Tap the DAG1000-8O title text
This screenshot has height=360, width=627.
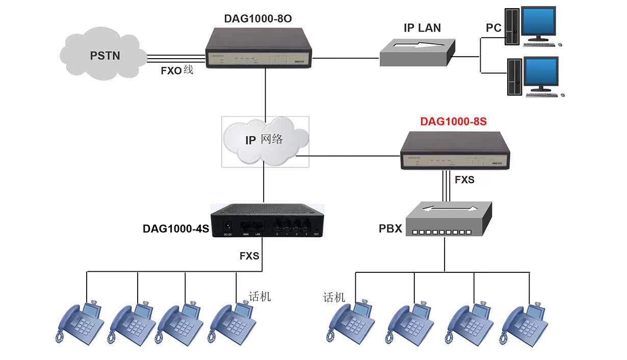[x=258, y=19]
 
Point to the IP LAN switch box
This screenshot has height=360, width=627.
[x=417, y=53]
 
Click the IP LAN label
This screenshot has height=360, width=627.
[x=422, y=28]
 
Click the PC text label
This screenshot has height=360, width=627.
[x=493, y=28]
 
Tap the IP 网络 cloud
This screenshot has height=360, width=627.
[x=265, y=140]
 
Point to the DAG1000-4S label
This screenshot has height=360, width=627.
[x=176, y=229]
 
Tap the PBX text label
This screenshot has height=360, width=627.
[x=390, y=229]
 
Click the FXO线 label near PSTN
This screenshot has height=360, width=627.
[x=177, y=71]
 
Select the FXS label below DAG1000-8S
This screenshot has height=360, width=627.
[x=464, y=179]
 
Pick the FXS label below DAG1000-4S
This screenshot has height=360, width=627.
[x=249, y=256]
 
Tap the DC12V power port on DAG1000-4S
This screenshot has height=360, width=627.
[x=228, y=225]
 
